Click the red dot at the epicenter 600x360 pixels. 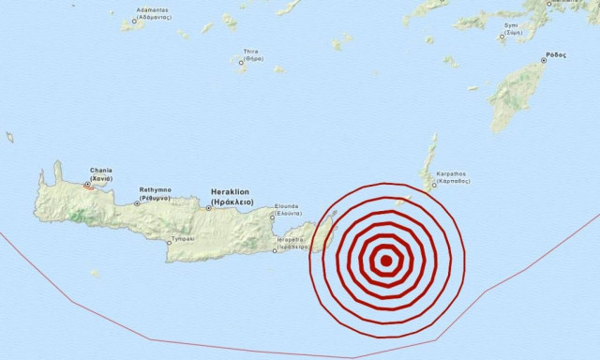coord(385,262)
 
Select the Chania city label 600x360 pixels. coord(100,174)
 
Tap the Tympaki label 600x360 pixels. coord(182,239)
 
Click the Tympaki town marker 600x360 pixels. coord(168,239)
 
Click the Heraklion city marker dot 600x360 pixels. coord(208,207)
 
